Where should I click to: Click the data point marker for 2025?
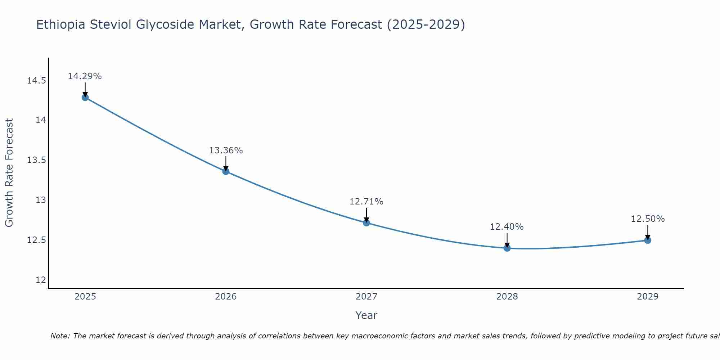85,97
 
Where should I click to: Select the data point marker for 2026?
226,171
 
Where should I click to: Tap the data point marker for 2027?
366,223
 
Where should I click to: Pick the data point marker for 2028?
507,248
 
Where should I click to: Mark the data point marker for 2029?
647,240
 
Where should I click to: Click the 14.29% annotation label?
85,76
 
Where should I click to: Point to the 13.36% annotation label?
226,150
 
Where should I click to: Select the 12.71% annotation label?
366,202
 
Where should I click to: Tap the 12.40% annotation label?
507,227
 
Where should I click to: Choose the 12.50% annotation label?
648,219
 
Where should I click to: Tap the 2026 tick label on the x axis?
226,297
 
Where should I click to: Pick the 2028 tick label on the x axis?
507,297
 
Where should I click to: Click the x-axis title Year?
366,315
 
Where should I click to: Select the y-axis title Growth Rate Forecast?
9,172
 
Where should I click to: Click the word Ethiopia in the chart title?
61,24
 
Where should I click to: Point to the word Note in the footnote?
60,336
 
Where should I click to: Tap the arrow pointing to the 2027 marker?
366,215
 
